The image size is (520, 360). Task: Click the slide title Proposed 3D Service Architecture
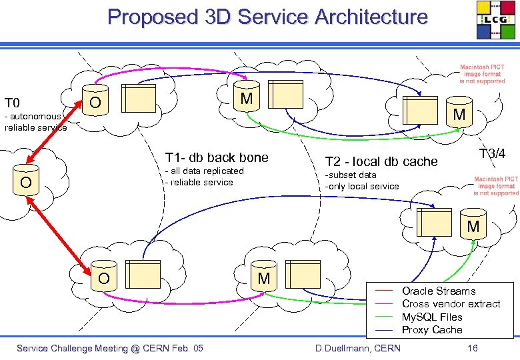click(267, 17)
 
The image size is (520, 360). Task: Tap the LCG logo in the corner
click(495, 20)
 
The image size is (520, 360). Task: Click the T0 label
click(12, 103)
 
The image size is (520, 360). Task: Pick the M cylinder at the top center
click(247, 99)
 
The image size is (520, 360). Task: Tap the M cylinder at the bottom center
click(264, 278)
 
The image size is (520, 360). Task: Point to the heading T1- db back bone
click(216, 157)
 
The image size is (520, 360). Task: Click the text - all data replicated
click(204, 171)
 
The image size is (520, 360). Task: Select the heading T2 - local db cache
click(381, 161)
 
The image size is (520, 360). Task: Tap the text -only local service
click(361, 186)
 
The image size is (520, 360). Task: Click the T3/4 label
click(492, 154)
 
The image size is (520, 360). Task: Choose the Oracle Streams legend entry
click(439, 291)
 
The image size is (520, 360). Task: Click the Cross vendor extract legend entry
click(451, 304)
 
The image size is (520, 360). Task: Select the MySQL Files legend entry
click(432, 317)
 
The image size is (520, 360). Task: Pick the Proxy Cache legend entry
click(431, 330)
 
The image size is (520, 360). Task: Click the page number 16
click(473, 348)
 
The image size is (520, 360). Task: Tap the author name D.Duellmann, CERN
click(357, 348)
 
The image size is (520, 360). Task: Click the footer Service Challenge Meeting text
click(109, 348)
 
